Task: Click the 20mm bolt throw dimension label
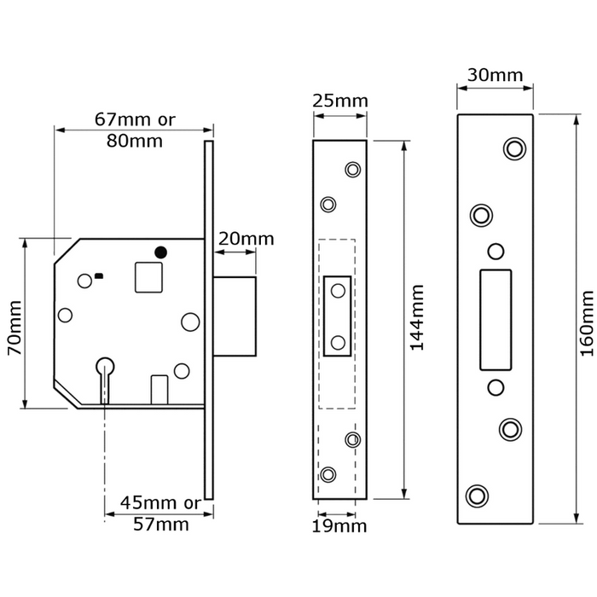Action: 246,239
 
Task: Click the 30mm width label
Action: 496,75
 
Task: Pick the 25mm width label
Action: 340,101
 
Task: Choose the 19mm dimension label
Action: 340,526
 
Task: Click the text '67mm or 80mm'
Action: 135,130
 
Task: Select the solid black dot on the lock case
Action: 160,252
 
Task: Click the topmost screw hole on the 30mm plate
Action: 513,148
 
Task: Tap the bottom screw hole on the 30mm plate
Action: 477,495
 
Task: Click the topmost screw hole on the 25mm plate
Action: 351,169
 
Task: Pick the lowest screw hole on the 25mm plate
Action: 327,474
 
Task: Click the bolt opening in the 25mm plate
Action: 339,316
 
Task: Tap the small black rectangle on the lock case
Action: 100,275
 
